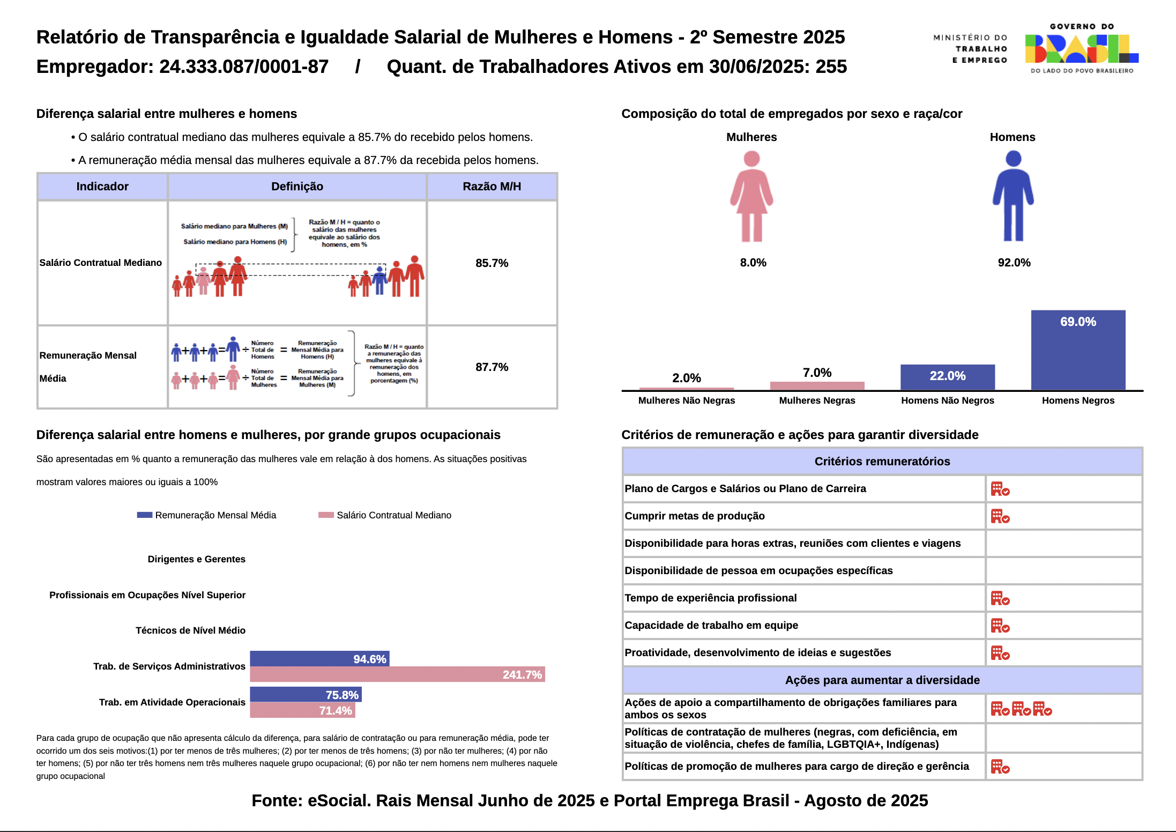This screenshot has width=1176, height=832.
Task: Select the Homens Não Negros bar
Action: tap(947, 377)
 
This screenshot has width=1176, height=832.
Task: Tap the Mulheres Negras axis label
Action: tap(817, 400)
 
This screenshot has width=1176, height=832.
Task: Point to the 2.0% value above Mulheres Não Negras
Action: tap(687, 378)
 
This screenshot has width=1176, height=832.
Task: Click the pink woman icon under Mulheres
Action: tap(751, 196)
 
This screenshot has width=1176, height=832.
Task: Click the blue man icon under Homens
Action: tap(1013, 196)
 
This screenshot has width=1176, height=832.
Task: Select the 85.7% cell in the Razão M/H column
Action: tap(492, 263)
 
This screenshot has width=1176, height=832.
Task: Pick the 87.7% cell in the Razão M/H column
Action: tap(492, 367)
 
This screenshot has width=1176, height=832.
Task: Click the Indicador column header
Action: tap(102, 187)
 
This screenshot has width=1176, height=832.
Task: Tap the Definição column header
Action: tap(297, 187)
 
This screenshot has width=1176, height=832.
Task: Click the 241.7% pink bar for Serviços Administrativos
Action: tap(397, 674)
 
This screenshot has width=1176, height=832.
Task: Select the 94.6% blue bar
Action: tap(319, 659)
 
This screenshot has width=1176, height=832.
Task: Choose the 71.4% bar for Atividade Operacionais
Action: tap(302, 710)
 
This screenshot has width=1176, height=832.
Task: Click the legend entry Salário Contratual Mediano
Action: tap(393, 515)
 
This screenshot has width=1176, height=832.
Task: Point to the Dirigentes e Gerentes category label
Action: tap(196, 559)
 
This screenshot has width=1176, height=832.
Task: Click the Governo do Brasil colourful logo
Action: tap(1082, 49)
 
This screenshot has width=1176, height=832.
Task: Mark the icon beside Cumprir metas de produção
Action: tap(1000, 517)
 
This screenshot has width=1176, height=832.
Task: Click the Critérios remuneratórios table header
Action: tap(882, 462)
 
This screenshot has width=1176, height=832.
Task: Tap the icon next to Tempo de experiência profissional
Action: tap(1000, 598)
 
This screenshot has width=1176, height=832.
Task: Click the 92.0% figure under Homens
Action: tap(1014, 263)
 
